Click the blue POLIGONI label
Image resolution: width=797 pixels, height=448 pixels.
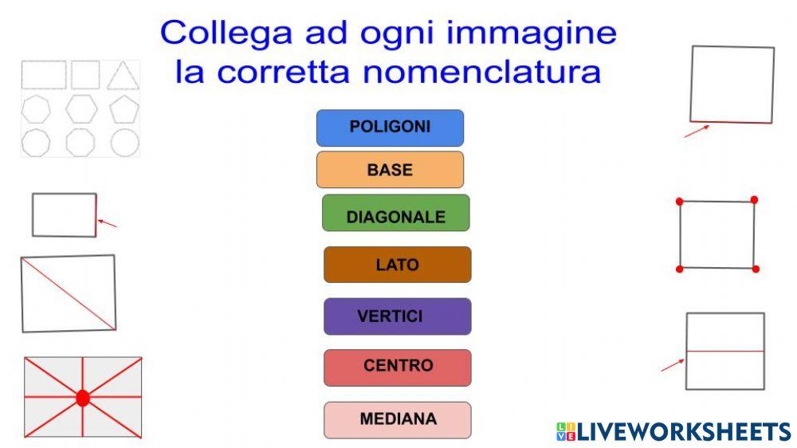point(390,128)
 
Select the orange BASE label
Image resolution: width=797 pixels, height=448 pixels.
point(390,170)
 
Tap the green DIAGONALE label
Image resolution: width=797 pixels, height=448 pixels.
point(395,217)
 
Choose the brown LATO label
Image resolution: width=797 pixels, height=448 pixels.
point(397,265)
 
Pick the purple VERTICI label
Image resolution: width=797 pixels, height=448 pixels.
point(397,316)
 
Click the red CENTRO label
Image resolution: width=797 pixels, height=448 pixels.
point(397,367)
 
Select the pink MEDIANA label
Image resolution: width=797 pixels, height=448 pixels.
point(397,419)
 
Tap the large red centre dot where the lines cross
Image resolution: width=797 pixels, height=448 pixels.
point(83,398)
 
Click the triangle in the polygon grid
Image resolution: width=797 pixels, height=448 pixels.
point(123,76)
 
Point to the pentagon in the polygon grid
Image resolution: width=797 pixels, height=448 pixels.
point(124,108)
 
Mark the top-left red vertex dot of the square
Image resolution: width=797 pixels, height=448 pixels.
point(680,202)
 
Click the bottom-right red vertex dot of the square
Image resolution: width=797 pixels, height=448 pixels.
point(756,269)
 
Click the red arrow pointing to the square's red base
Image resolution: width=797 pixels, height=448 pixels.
point(697,131)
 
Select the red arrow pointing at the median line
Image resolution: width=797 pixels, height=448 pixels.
point(672,366)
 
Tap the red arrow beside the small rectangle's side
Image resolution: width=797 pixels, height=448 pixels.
point(108,223)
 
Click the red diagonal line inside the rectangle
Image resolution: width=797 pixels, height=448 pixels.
point(69,293)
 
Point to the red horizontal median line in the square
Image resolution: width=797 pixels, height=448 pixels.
point(725,352)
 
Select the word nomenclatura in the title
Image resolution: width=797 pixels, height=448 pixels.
point(481,72)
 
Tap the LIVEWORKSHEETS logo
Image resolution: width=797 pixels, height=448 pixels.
point(673,431)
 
